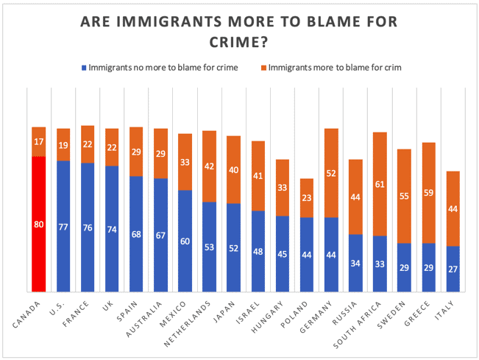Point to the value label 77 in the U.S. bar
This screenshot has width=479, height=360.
[63, 226]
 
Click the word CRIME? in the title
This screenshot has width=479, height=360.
[239, 42]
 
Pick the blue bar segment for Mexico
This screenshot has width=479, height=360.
[185, 240]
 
